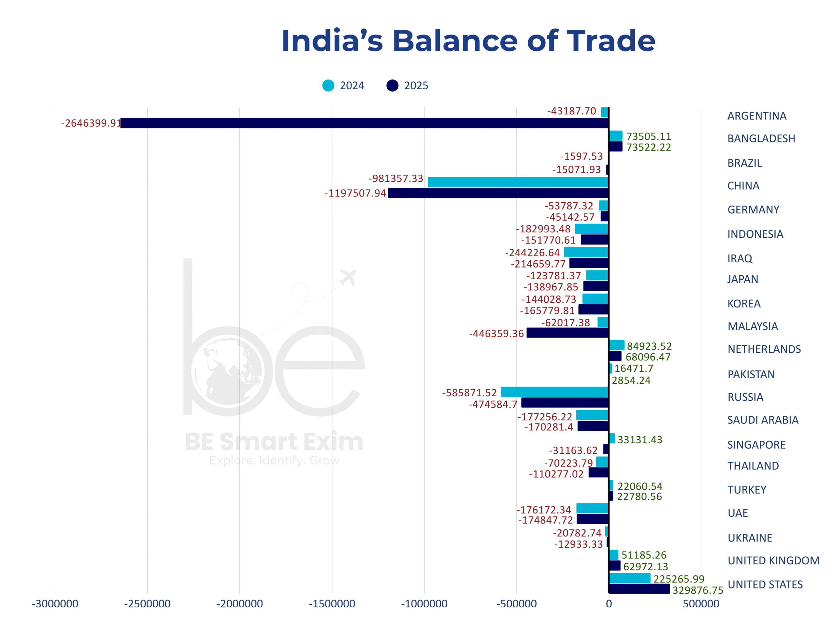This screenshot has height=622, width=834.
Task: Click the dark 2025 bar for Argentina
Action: coord(364,123)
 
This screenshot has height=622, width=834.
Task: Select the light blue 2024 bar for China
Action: coord(518,182)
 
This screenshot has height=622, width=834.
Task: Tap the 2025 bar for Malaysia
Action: coord(568,333)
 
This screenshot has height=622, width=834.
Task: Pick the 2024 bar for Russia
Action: coord(554,392)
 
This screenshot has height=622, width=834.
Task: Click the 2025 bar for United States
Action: coord(639,589)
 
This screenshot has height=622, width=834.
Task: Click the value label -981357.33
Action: coord(396,179)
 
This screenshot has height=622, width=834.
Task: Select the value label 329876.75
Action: coord(698,590)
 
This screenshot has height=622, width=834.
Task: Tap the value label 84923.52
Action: coord(649,346)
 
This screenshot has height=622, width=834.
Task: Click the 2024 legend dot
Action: coord(328,85)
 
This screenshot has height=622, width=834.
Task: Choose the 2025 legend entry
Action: coord(408,85)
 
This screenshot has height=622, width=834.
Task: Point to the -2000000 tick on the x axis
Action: coord(239,604)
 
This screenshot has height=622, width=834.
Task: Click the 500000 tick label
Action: coord(701,604)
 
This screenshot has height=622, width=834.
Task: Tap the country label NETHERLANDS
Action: coord(764,349)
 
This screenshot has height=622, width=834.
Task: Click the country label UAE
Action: coord(738,513)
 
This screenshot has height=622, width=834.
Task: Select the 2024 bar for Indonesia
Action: coord(592,229)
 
